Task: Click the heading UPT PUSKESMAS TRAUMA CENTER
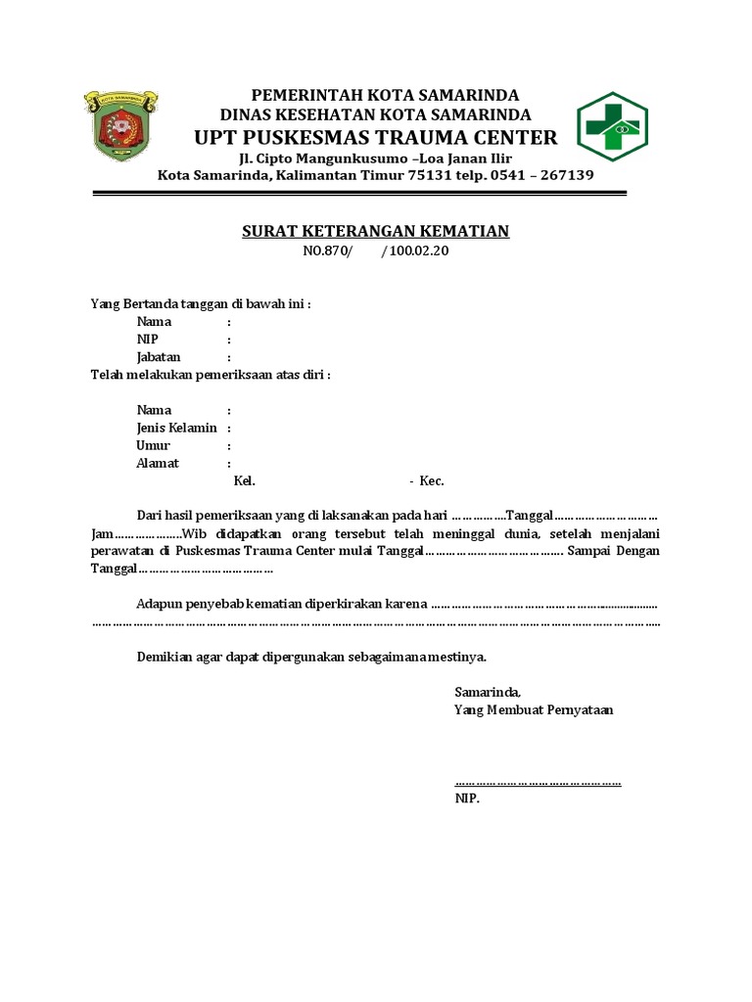[x=376, y=136]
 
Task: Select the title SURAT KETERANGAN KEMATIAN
[x=376, y=231]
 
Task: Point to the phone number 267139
[x=561, y=176]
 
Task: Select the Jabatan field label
[x=159, y=357]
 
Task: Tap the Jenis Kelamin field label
[x=176, y=428]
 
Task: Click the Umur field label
[x=154, y=445]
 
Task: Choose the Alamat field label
[x=157, y=463]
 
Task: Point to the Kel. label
[x=244, y=481]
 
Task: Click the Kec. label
[x=432, y=481]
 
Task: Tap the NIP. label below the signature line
[x=467, y=798]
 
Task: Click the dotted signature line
[x=538, y=782]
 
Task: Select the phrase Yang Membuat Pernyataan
[x=534, y=710]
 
